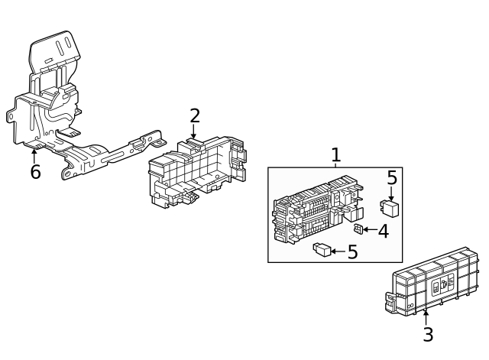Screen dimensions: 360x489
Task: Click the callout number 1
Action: coord(335,154)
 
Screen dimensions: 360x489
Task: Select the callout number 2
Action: coord(195,116)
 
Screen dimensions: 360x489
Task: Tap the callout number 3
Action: coord(428,334)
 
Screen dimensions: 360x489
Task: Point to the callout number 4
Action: coord(384,231)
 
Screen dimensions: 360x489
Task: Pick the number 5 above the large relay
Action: coord(392,178)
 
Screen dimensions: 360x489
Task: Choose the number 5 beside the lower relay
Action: coord(352,251)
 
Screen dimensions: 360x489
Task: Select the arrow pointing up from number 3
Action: coord(426,316)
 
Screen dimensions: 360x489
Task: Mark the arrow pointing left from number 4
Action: coord(369,229)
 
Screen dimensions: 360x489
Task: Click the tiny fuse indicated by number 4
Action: coord(358,229)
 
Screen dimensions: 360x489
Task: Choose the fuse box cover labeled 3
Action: coord(432,281)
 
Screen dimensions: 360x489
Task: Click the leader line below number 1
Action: coord(335,164)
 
